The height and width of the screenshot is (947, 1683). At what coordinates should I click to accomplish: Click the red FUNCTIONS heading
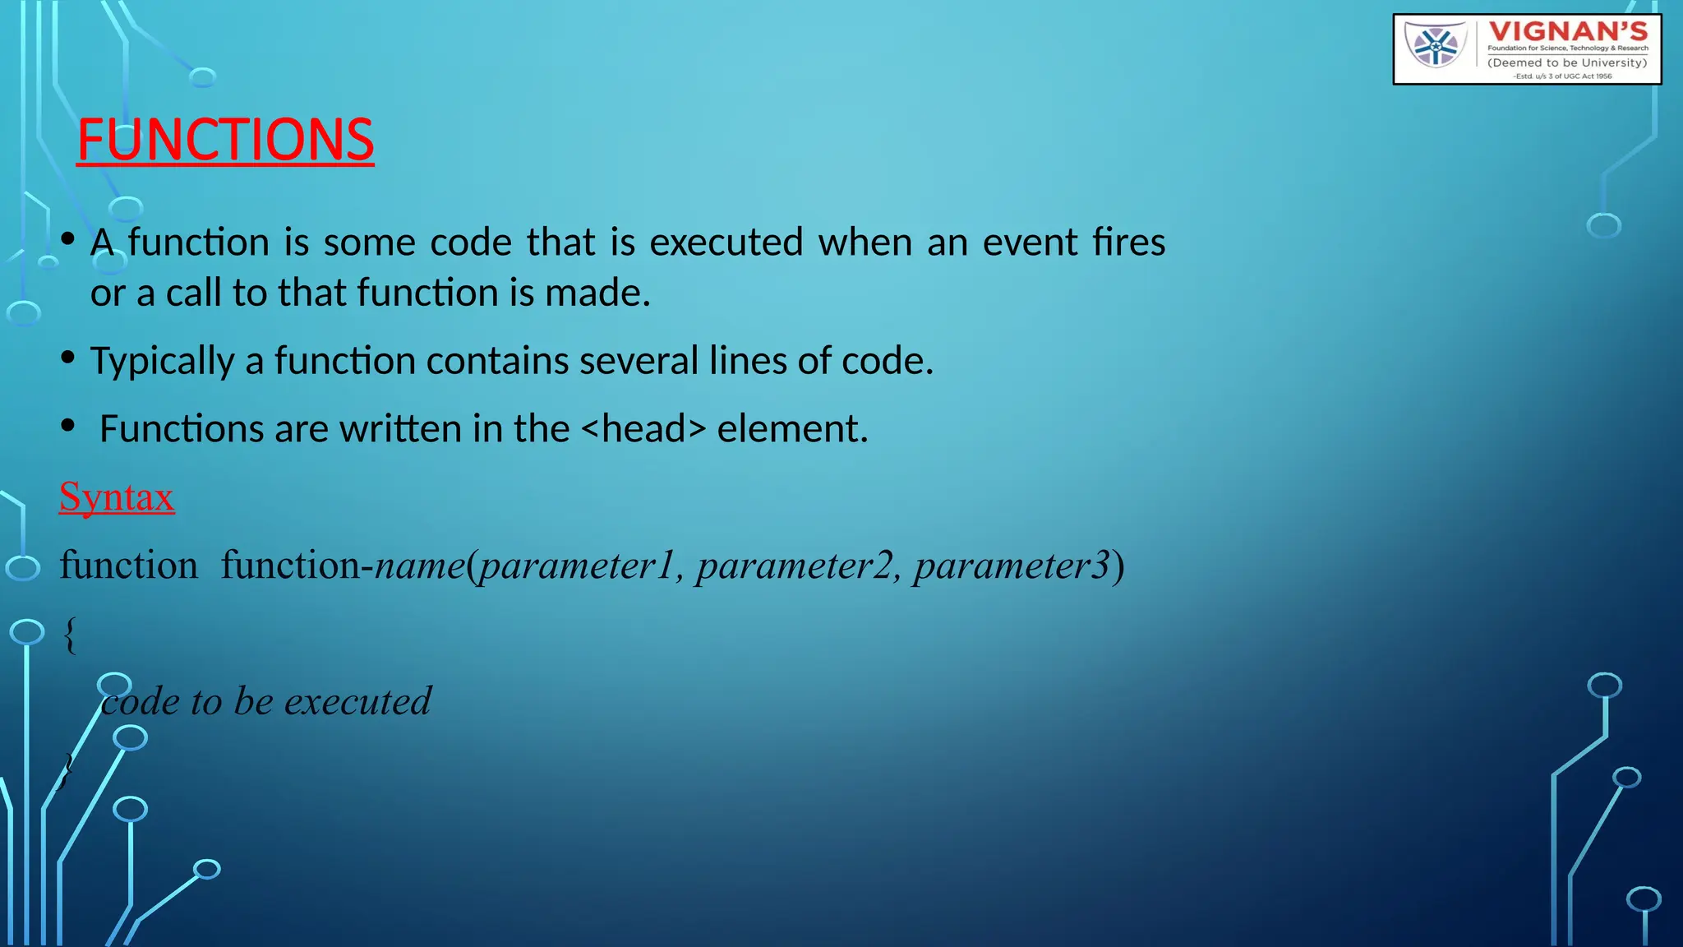coord(225,139)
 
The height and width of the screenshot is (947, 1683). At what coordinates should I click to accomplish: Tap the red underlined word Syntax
coord(117,497)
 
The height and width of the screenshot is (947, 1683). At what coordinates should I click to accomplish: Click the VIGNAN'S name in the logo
coord(1568,32)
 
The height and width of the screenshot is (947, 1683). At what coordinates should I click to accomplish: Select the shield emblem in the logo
coord(1435,45)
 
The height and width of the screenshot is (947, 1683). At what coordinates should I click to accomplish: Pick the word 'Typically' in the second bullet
coord(162,361)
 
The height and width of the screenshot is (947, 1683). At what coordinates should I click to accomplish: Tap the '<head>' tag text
coord(643,428)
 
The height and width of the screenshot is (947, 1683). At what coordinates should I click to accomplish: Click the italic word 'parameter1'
coord(576,566)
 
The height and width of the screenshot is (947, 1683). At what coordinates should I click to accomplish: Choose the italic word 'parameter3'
coord(1012,566)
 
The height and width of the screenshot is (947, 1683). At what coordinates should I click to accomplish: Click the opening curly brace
coord(70,635)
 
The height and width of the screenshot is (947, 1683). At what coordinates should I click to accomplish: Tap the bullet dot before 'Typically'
coord(68,358)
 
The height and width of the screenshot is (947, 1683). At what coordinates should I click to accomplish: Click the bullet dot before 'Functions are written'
coord(68,426)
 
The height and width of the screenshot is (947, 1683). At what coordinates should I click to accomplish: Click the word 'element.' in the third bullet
coord(792,428)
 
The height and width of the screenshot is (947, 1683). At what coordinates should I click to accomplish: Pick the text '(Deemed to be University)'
coord(1567,62)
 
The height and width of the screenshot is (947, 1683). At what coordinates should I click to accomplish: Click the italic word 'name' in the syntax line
coord(419,566)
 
